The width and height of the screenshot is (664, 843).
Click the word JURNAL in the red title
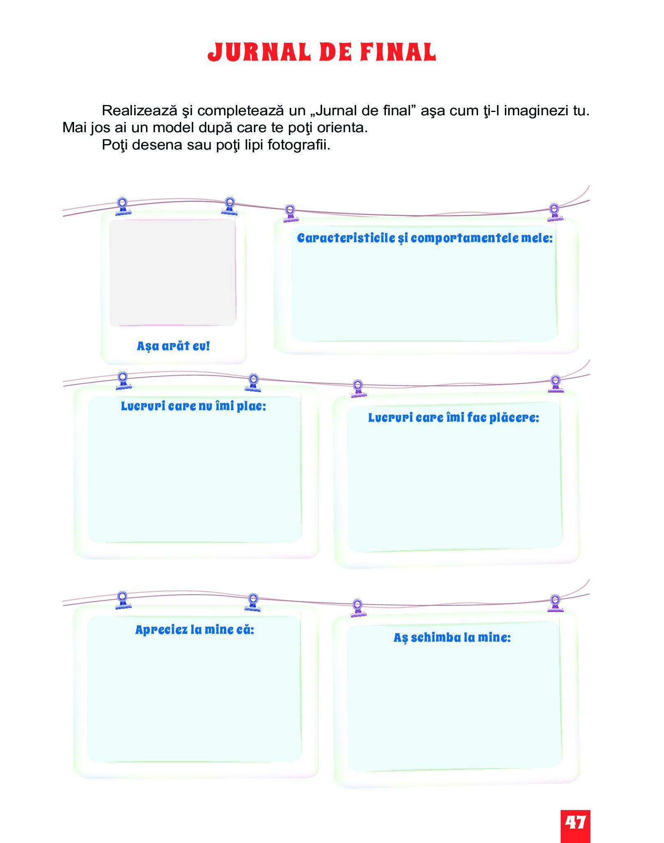259,52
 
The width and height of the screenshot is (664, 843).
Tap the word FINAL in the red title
398,52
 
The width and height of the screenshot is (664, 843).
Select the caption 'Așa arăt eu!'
173,346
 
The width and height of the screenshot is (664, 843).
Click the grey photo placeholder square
173,273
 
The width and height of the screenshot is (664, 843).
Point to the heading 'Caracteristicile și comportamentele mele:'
425,238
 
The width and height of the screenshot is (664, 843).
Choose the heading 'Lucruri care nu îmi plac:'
193,406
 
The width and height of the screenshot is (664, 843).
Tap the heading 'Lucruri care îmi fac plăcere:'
453,418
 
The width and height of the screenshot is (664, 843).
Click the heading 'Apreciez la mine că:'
195,630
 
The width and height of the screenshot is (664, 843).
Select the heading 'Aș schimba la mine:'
452,638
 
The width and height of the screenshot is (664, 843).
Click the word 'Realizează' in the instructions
139,110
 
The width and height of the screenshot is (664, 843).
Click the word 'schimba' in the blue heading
436,638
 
